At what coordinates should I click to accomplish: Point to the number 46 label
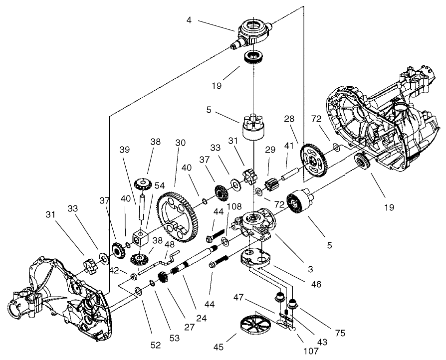[317, 284]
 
